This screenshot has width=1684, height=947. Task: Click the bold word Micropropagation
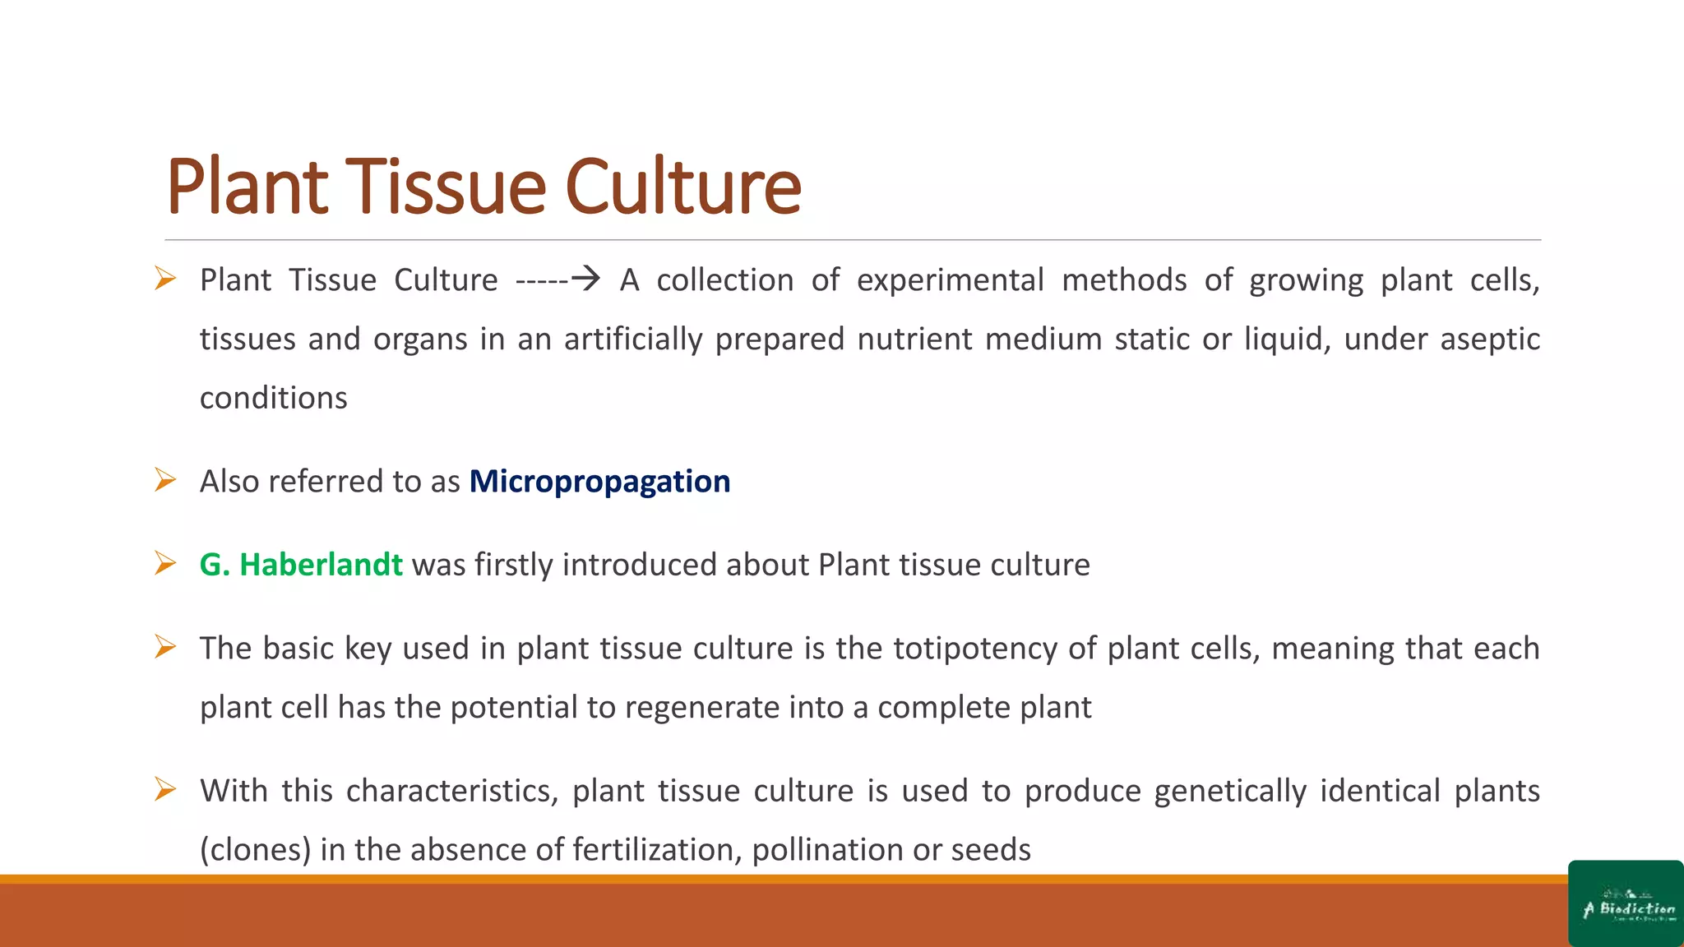coord(599,482)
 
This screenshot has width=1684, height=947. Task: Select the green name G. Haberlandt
coord(301,565)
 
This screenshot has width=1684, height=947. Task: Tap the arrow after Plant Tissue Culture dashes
coord(585,279)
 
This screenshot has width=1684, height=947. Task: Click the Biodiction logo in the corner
coord(1626,904)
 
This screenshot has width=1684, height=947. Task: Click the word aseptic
coord(1490,340)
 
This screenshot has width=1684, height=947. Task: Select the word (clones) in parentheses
coord(255,850)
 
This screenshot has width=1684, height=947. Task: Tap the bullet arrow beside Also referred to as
coord(165,480)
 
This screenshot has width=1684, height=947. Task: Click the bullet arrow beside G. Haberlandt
coord(165,564)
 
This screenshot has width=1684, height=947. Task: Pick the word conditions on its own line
coord(273,399)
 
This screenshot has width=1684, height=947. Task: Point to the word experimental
coord(950,280)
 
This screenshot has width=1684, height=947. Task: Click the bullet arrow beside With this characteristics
coord(165,790)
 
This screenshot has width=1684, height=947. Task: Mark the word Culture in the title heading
coord(682,187)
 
